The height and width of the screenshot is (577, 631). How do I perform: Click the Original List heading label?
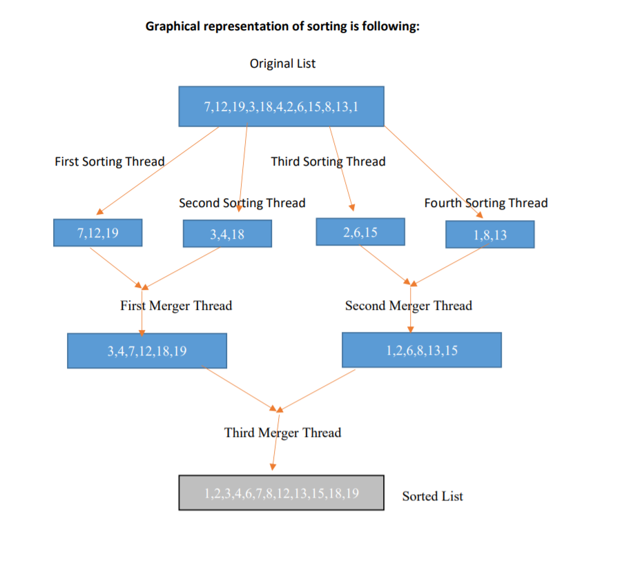click(282, 63)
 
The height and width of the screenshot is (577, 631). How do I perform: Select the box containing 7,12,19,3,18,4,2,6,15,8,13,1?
click(281, 106)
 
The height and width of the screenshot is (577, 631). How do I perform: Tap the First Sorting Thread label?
click(109, 162)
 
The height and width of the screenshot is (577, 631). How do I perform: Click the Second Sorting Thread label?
click(242, 203)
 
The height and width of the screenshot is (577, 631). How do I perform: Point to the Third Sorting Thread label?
click(328, 162)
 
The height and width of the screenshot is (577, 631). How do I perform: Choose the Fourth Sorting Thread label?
click(485, 203)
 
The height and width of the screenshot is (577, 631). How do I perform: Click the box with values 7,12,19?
click(97, 233)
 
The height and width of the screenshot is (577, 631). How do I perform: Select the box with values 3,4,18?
click(227, 234)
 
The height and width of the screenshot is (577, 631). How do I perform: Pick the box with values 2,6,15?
click(360, 232)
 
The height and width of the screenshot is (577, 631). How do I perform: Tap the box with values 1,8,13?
click(489, 235)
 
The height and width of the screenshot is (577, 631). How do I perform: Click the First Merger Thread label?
click(176, 306)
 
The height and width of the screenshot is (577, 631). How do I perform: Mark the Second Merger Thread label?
click(408, 306)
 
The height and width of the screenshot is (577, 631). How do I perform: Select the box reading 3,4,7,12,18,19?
click(146, 351)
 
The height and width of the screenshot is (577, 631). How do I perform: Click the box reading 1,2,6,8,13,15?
click(421, 350)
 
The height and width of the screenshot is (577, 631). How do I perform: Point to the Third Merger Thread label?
click(282, 433)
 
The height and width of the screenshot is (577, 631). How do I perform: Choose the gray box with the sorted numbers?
click(281, 493)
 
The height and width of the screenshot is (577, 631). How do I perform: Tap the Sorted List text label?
click(432, 496)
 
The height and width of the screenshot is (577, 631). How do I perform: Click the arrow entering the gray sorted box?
click(275, 452)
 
